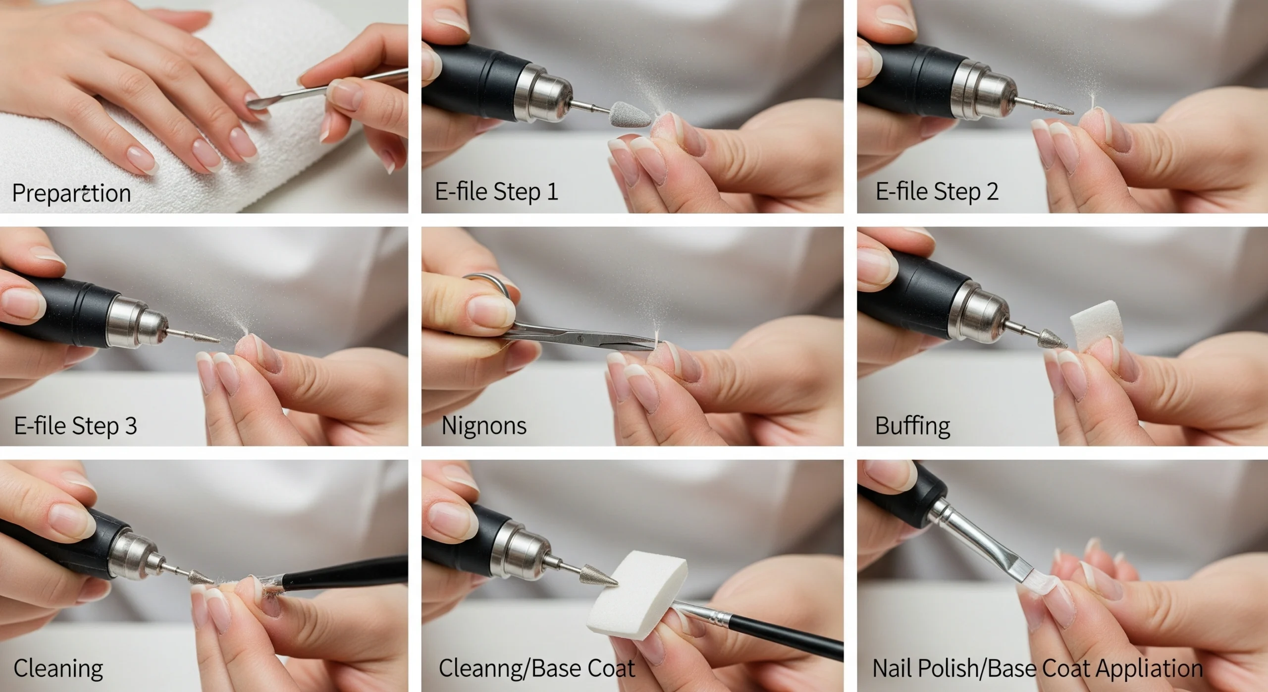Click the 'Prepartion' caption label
(71, 193)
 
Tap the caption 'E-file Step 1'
(496, 191)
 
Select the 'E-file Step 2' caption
(937, 191)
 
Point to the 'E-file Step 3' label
(75, 425)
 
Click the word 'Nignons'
(483, 425)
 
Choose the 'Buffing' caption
(912, 425)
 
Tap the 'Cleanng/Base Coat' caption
(536, 668)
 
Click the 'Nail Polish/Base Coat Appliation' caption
(1037, 668)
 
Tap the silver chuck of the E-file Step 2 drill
(983, 97)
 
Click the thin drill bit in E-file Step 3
(198, 337)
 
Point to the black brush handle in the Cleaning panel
(347, 573)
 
